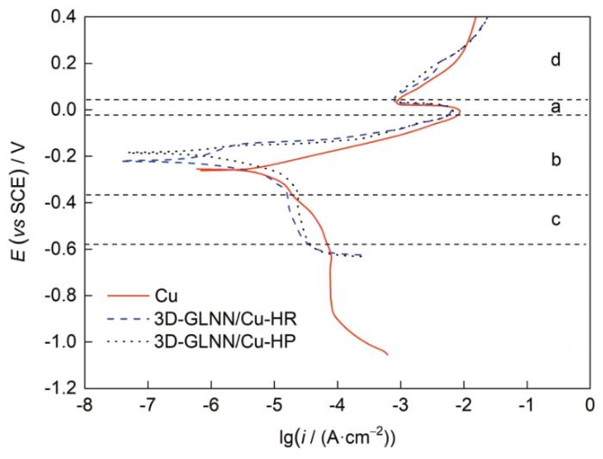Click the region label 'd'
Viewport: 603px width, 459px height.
556,60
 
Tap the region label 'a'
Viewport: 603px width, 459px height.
556,108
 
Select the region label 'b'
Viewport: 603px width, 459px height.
556,159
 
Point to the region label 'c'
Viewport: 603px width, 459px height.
556,220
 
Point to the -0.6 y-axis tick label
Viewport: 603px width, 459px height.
58,249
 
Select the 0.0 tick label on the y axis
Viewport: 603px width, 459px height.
59,110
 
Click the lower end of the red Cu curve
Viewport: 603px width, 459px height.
388,354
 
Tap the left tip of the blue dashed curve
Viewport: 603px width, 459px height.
121,161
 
